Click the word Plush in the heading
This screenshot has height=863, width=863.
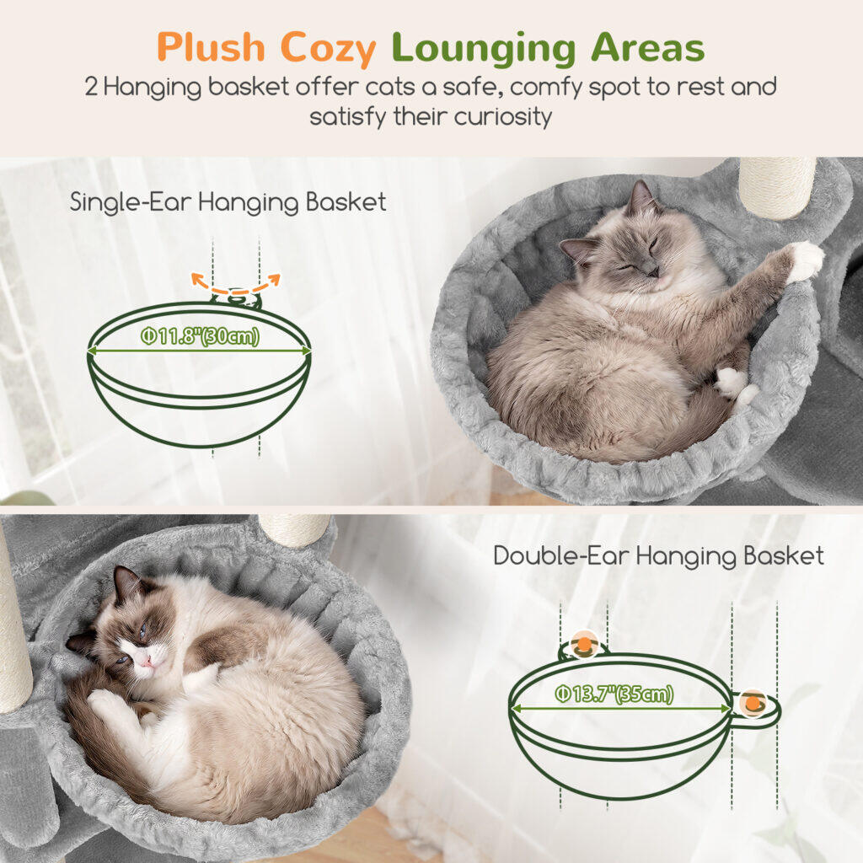[x=211, y=48]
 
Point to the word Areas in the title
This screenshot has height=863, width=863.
[x=648, y=48]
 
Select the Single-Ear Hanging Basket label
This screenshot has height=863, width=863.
[x=228, y=202]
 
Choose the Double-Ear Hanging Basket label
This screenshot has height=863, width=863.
[x=658, y=556]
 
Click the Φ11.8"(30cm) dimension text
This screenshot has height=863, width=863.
[x=200, y=336]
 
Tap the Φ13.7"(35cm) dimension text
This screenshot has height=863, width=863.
[x=614, y=694]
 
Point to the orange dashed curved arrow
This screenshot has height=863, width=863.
[x=236, y=290]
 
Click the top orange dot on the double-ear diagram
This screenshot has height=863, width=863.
[x=584, y=642]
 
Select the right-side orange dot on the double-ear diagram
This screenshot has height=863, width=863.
[x=753, y=703]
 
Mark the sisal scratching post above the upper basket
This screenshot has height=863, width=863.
[x=776, y=186]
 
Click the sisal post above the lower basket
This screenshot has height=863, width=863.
[x=294, y=529]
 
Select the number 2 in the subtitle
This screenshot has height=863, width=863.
[x=91, y=88]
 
